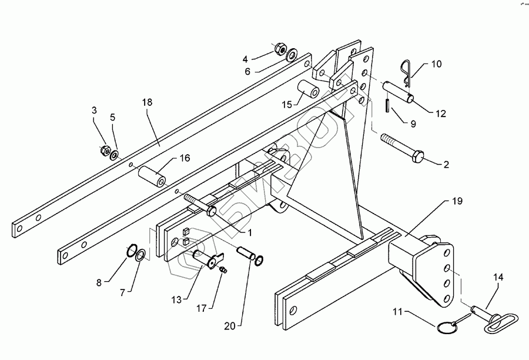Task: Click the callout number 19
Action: click(457, 201)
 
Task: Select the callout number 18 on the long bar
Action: click(147, 102)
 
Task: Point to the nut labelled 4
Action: click(279, 48)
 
